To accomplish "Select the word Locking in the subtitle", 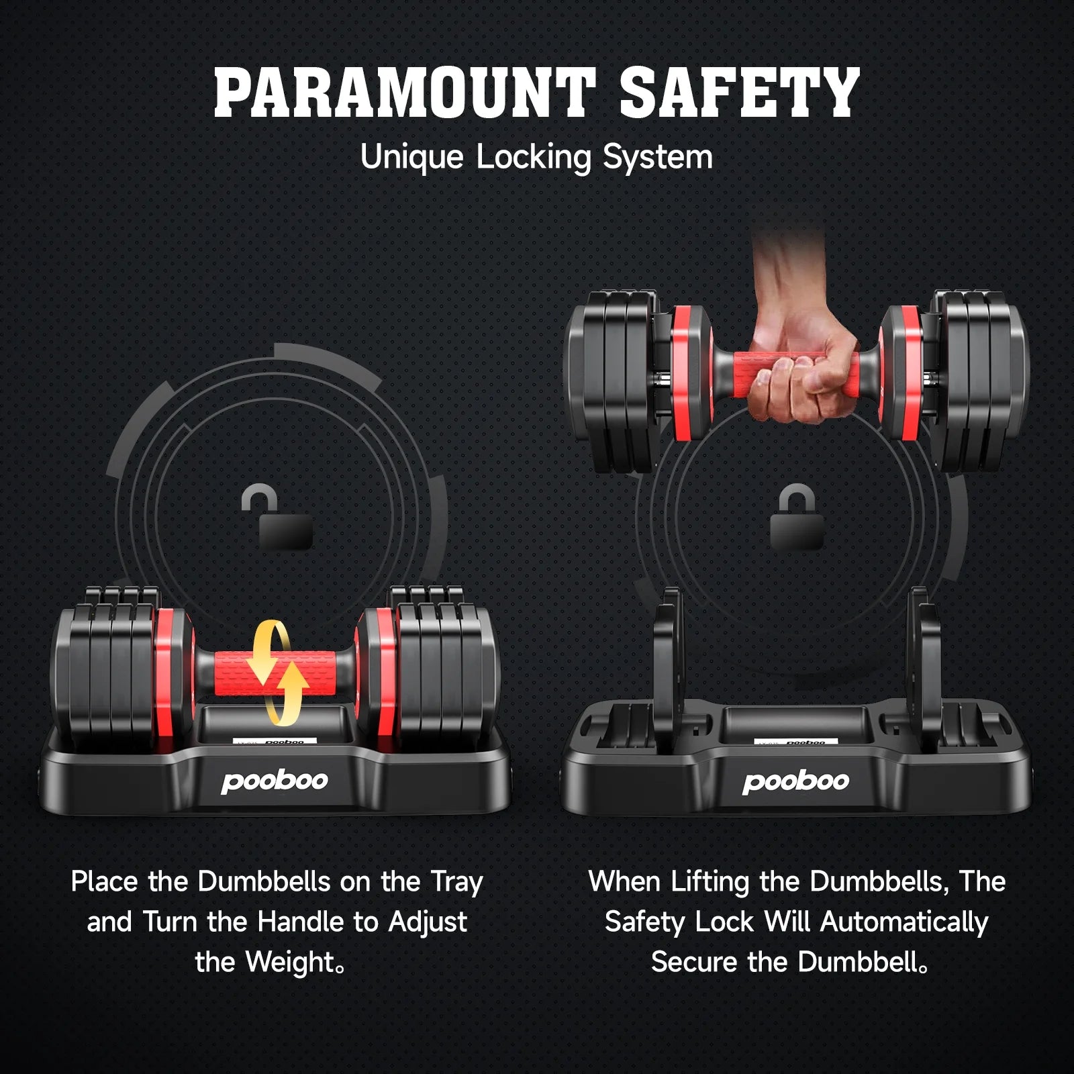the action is click(534, 158).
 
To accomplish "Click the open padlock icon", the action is click(277, 516).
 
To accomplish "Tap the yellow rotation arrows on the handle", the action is click(277, 673).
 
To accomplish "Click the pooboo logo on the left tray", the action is click(275, 781).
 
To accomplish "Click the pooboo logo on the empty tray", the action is click(796, 781).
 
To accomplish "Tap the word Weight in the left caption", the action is click(290, 963).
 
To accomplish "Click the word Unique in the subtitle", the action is click(411, 158).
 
